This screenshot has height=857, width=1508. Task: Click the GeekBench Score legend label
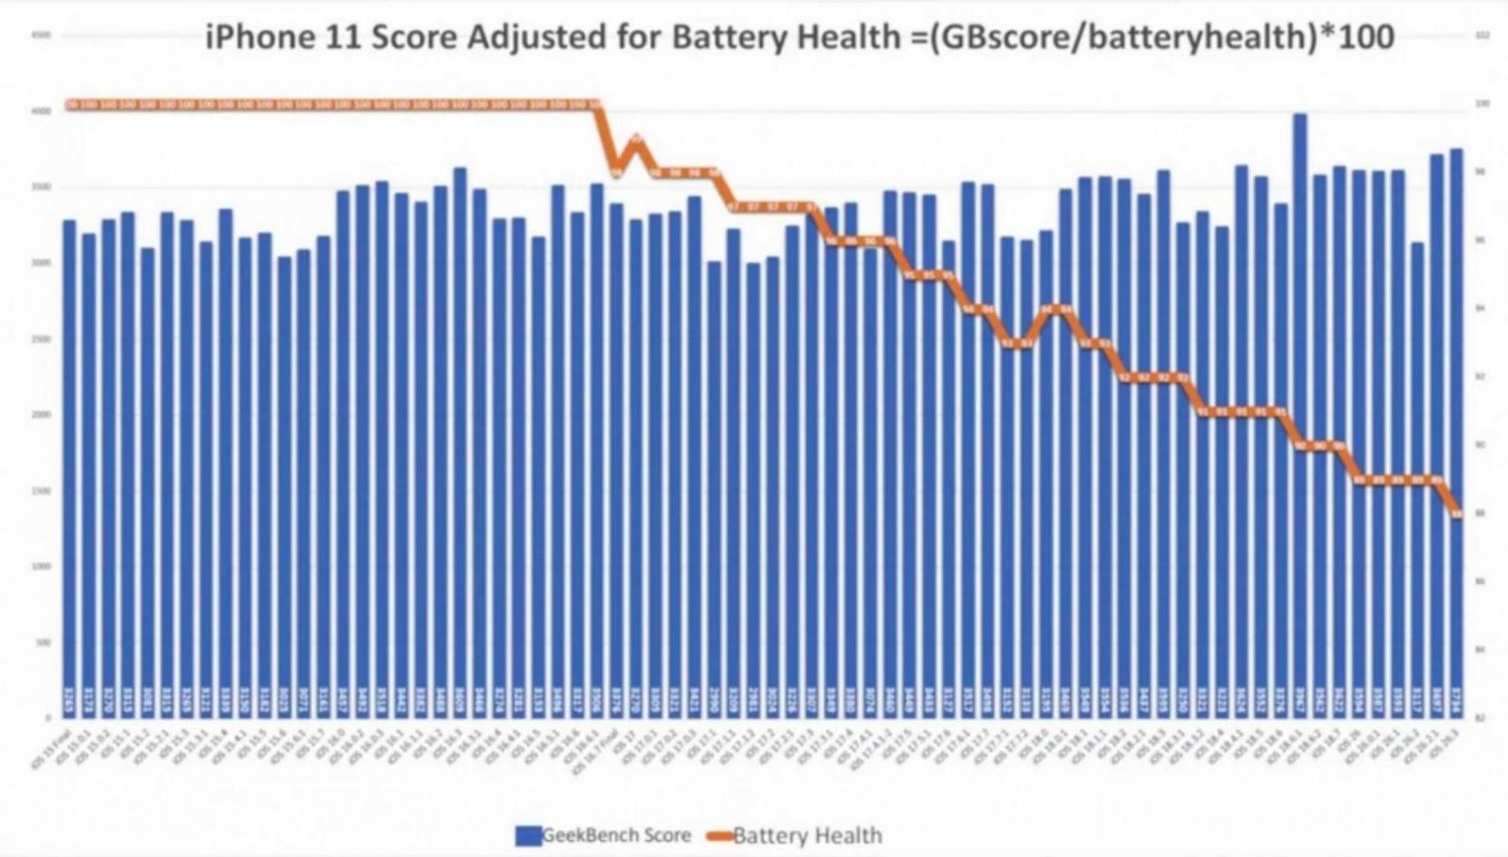(616, 835)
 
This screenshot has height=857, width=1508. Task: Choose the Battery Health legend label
(807, 835)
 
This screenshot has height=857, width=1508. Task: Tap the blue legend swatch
(528, 835)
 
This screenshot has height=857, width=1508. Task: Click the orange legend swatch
(720, 835)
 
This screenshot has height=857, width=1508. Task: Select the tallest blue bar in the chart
(1299, 409)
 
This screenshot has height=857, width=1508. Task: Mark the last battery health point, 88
(1456, 514)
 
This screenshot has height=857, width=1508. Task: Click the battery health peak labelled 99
(637, 139)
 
